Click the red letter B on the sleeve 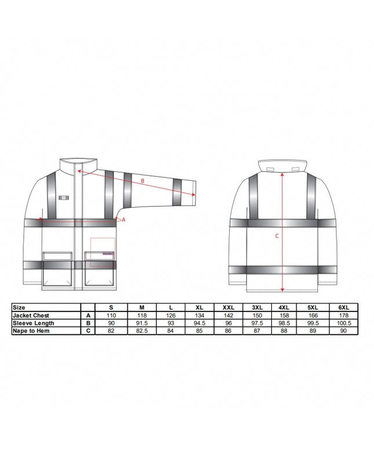pyautogui.click(x=143, y=181)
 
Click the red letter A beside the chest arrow pyautogui.click(x=124, y=220)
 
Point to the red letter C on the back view pyautogui.click(x=277, y=236)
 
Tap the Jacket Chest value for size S pyautogui.click(x=111, y=315)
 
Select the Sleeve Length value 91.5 pyautogui.click(x=142, y=323)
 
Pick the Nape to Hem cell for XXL pyautogui.click(x=228, y=331)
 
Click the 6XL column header pyautogui.click(x=343, y=307)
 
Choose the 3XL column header pyautogui.click(x=257, y=307)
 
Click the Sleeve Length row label pyautogui.click(x=34, y=323)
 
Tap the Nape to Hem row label pyautogui.click(x=31, y=331)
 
